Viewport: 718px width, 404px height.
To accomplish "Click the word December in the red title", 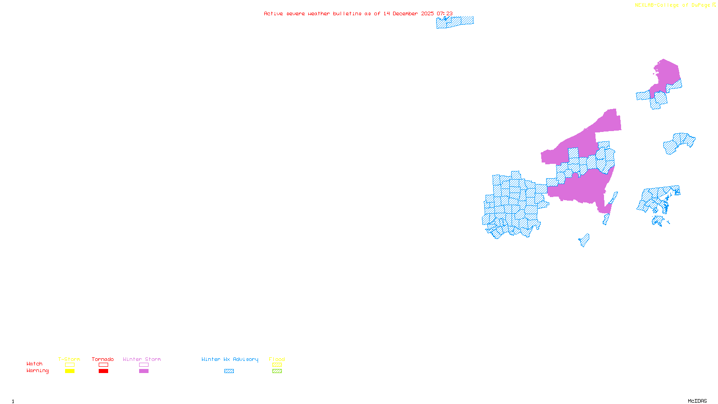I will tap(405, 13).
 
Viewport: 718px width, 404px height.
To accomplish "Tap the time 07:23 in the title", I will tap(444, 13).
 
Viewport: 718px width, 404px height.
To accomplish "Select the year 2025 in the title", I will tap(427, 13).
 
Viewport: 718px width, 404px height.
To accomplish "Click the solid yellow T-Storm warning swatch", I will tap(70, 371).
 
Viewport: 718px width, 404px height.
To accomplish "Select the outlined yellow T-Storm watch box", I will tap(70, 365).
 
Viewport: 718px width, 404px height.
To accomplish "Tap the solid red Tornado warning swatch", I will tap(103, 371).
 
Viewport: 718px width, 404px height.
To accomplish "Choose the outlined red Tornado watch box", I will tap(103, 365).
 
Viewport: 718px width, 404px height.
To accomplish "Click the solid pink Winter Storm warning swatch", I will tap(144, 371).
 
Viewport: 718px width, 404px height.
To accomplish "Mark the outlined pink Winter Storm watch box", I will tap(144, 365).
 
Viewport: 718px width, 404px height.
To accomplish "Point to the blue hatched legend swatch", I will tap(229, 371).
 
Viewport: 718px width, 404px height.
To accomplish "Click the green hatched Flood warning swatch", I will tap(277, 371).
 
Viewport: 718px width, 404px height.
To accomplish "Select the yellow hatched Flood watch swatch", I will tap(277, 365).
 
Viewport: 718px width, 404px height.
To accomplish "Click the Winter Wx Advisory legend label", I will tap(230, 359).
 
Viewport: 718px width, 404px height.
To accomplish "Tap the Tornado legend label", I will tap(103, 359).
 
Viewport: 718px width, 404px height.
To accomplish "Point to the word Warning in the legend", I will tap(37, 371).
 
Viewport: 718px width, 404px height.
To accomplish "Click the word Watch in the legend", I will tap(35, 364).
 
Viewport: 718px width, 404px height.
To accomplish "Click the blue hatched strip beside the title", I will tap(455, 22).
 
